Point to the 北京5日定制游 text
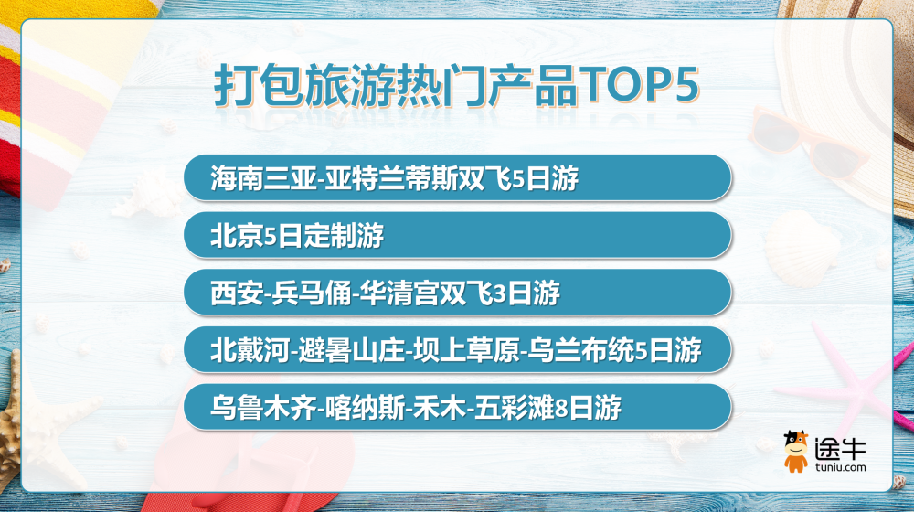(297, 236)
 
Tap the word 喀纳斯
(365, 407)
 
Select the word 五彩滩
(514, 407)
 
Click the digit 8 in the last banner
(561, 408)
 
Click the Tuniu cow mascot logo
(795, 452)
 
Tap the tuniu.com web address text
(841, 467)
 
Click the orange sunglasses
(807, 143)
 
